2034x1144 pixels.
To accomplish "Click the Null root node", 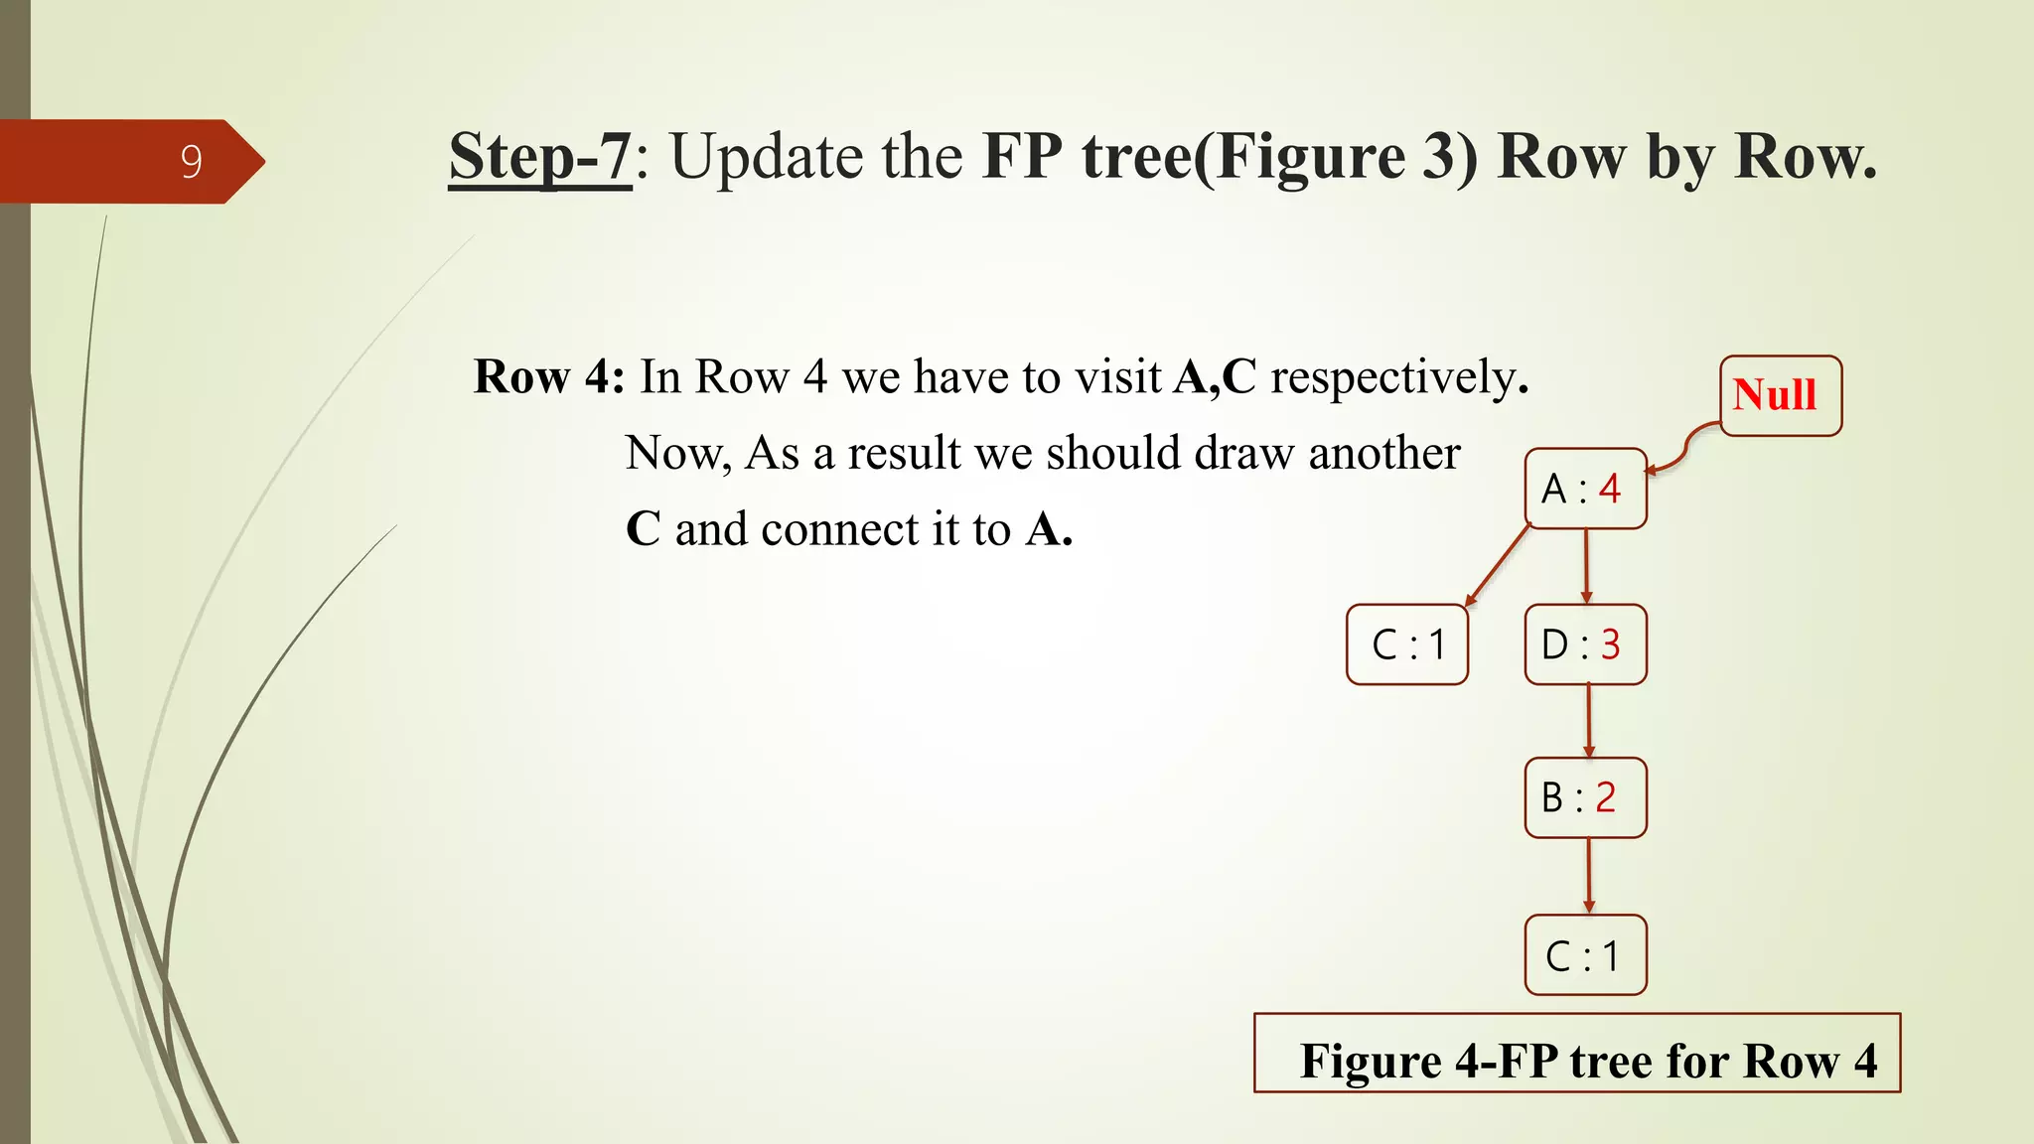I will pyautogui.click(x=1780, y=395).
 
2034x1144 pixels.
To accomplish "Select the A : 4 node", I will pyautogui.click(x=1585, y=489).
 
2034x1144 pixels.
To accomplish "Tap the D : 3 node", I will pyautogui.click(x=1585, y=644).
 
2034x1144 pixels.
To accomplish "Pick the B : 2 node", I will pyautogui.click(x=1585, y=797).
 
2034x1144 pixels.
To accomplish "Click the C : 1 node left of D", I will pyautogui.click(x=1406, y=644).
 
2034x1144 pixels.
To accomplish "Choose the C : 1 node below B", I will pyautogui.click(x=1585, y=955).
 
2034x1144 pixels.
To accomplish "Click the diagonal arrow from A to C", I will pyautogui.click(x=1498, y=565).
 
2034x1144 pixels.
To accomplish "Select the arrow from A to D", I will pyautogui.click(x=1586, y=566).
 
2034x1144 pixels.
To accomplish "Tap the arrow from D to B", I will pyautogui.click(x=1588, y=721).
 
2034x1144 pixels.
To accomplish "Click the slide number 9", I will pyautogui.click(x=192, y=162).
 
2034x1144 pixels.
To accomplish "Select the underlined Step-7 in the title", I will pyautogui.click(x=539, y=157).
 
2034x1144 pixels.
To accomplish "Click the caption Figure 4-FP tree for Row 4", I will pyautogui.click(x=1587, y=1061).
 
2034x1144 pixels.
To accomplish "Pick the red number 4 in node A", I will pyautogui.click(x=1610, y=489).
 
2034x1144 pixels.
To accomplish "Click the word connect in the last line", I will pyautogui.click(x=839, y=529).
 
